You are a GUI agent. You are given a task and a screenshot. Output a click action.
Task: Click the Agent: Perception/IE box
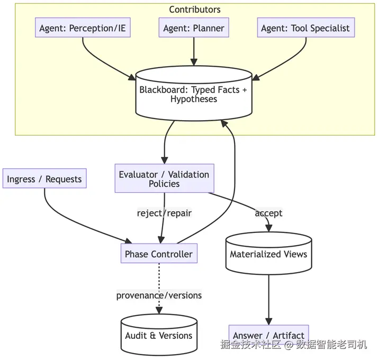[83, 28]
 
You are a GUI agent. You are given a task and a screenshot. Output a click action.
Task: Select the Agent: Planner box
[194, 28]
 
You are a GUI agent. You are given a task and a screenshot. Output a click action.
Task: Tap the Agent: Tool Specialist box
[306, 28]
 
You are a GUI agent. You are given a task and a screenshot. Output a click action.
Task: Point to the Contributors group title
[195, 10]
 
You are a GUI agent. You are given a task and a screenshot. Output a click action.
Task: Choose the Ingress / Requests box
[44, 179]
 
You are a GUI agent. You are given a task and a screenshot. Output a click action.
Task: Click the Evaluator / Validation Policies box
[164, 179]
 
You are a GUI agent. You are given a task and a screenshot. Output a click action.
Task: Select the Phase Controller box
[159, 254]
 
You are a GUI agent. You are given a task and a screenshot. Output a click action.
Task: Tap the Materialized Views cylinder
[268, 254]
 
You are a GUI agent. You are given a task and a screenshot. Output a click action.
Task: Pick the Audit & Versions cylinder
[159, 336]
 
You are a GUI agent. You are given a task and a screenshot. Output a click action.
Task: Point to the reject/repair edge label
[164, 213]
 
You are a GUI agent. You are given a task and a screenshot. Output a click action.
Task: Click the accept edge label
[268, 213]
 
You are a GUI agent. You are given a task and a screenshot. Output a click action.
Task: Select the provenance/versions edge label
[159, 295]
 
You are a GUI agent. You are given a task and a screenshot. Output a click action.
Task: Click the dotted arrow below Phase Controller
[159, 278]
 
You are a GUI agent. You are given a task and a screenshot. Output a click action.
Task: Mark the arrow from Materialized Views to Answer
[268, 299]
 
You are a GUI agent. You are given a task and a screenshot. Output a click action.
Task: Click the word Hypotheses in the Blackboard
[193, 99]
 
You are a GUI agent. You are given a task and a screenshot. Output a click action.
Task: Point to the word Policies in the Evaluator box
[164, 184]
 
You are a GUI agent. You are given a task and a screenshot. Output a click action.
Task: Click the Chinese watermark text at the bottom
[294, 345]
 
